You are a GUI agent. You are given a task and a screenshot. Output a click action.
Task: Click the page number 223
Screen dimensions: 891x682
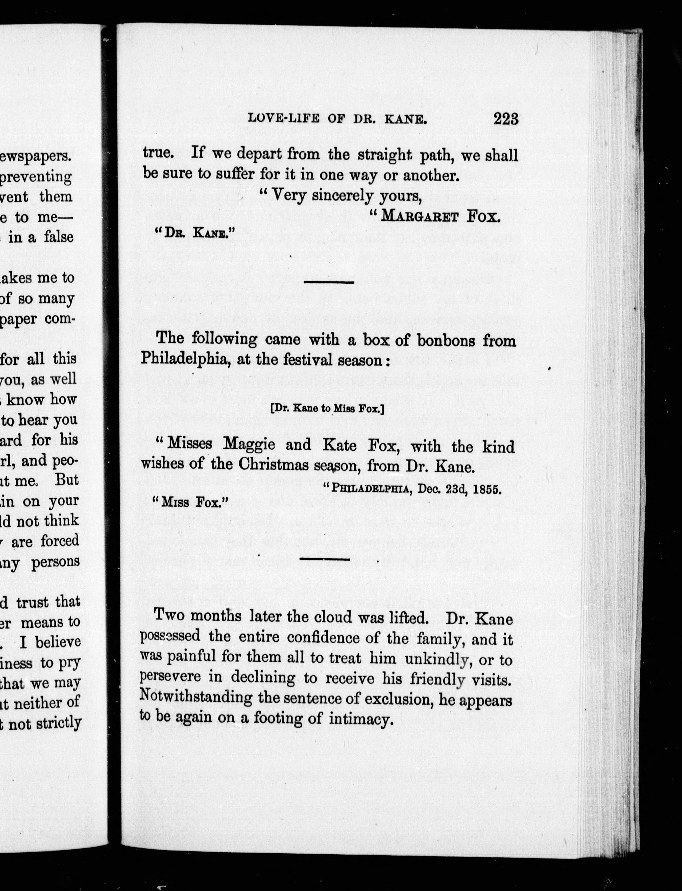click(506, 119)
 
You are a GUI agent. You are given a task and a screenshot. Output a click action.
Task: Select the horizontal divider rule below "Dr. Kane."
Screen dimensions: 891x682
click(329, 282)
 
